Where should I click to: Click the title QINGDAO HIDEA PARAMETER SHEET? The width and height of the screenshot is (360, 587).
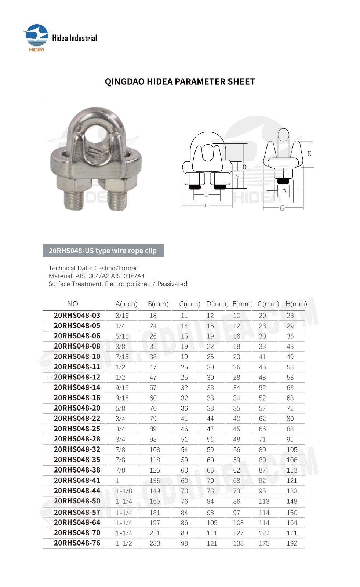coord(180,81)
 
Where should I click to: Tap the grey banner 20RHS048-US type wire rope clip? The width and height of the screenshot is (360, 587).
coord(103,251)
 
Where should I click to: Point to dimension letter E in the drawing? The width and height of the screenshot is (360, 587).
coord(309,154)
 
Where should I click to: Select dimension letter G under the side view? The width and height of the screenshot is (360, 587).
coord(282,208)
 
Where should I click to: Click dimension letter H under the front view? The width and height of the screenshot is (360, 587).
coord(207,205)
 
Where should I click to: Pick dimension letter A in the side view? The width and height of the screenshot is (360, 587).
coord(284,190)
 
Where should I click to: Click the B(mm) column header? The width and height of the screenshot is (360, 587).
coord(158,304)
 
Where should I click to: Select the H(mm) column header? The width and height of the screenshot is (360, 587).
coord(296,304)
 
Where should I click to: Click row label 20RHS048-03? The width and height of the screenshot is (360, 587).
coord(77,315)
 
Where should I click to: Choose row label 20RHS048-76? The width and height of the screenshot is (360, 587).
coord(77,543)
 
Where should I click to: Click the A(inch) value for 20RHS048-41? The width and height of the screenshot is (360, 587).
coord(117,481)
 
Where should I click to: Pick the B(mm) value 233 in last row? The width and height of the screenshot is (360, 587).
coord(154,543)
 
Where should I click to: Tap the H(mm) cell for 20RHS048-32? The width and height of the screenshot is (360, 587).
coord(292,450)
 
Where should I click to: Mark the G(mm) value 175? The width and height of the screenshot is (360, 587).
coord(263,543)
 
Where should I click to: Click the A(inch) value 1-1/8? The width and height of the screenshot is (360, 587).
coord(124,491)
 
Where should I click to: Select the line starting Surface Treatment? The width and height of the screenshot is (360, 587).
coord(117,284)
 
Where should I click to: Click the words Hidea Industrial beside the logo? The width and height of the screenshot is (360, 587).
coord(74,38)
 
